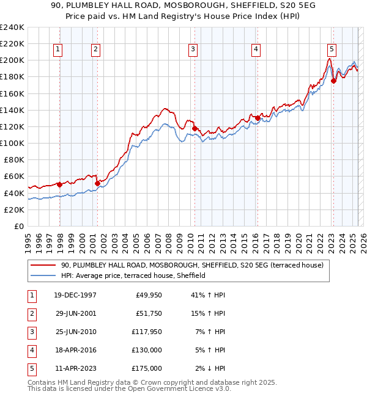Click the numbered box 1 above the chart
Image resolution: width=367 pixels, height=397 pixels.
pos(57,50)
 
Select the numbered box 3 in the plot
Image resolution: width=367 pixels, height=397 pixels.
pos(193,50)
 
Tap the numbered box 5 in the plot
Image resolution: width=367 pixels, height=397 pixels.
pos(331,50)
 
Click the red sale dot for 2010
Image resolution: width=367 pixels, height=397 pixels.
pos(195,128)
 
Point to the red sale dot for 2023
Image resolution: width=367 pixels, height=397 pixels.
pos(333,81)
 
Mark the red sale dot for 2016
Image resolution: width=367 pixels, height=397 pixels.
pos(258,118)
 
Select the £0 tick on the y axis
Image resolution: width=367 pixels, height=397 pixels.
pos(19,226)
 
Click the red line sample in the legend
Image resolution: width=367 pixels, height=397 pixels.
pos(43,266)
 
